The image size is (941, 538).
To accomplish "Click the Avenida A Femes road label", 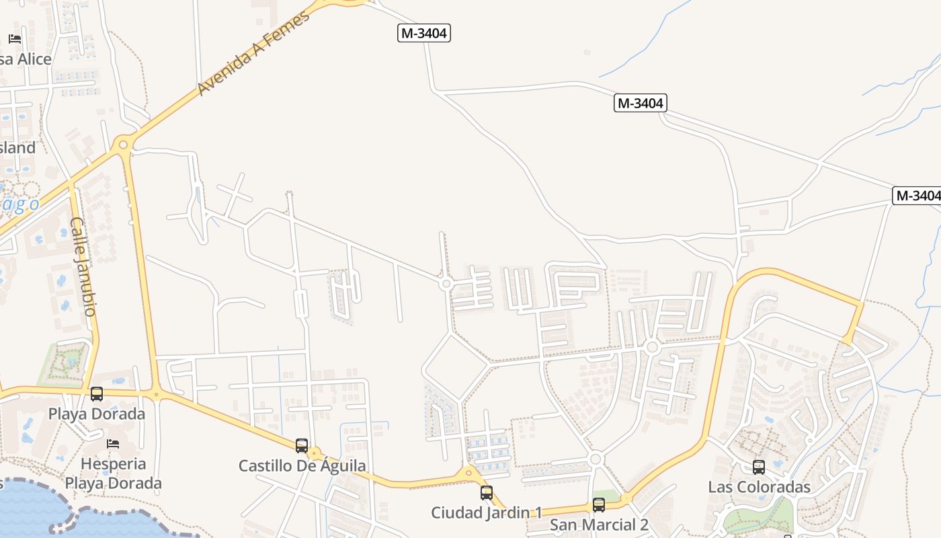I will click(255, 52).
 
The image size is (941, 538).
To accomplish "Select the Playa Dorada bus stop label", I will click(97, 414).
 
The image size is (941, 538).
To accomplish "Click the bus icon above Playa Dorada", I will click(97, 394).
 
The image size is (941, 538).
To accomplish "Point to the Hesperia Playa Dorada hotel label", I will click(114, 473).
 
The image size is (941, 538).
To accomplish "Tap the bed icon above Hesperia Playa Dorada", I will click(113, 444).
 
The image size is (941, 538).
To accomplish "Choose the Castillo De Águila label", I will click(302, 465).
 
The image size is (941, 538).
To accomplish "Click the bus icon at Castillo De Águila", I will click(302, 445).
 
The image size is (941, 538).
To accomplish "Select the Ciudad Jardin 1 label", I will click(487, 512).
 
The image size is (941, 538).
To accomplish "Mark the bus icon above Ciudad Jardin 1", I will click(487, 493).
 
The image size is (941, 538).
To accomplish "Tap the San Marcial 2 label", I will click(599, 525).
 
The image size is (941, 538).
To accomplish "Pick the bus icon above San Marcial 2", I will click(599, 505).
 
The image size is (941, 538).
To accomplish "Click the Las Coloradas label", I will click(760, 487).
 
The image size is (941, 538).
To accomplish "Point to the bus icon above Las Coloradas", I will click(759, 467).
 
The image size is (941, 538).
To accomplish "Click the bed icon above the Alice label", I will click(15, 39).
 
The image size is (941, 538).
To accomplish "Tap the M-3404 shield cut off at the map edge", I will click(917, 196).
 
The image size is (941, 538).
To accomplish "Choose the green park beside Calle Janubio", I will click(65, 362).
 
